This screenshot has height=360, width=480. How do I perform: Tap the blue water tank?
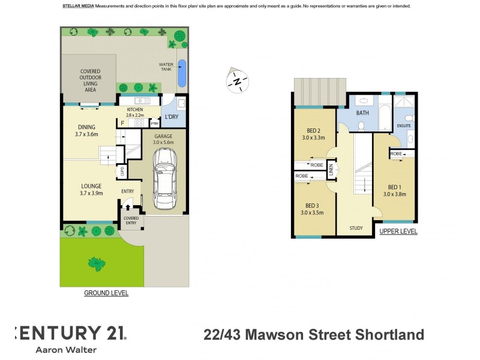tap(182, 73)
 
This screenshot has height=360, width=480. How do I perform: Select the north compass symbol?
tap(238, 81)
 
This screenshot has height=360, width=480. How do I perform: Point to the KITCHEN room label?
tap(135, 109)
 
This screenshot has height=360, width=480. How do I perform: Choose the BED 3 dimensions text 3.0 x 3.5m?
tap(312, 212)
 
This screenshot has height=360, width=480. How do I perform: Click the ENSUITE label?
tap(404, 126)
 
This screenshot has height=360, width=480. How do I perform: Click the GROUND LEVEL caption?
tap(106, 293)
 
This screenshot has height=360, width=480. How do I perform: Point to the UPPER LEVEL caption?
tap(398, 232)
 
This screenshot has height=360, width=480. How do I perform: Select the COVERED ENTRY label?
tap(131, 220)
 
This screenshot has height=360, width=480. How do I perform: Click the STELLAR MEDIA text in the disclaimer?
tap(77, 6)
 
